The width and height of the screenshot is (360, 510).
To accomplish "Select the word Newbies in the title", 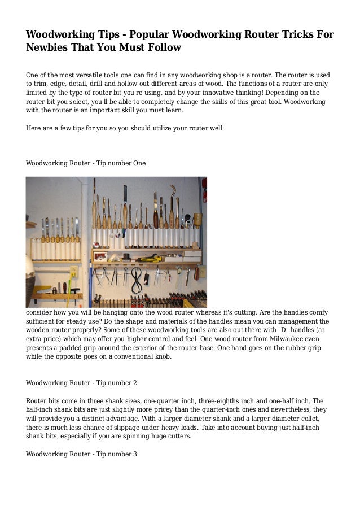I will click(x=47, y=48).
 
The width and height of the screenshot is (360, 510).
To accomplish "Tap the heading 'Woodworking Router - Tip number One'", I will click(x=86, y=163).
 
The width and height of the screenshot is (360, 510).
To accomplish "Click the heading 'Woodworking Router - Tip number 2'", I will click(x=82, y=382).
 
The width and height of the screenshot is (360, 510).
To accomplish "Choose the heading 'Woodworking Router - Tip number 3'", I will click(x=82, y=454).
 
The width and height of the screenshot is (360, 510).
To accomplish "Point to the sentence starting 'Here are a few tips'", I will click(x=125, y=128).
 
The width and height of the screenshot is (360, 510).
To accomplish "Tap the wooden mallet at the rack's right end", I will click(x=198, y=221).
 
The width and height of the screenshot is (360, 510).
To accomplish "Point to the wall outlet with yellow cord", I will click(x=73, y=273).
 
